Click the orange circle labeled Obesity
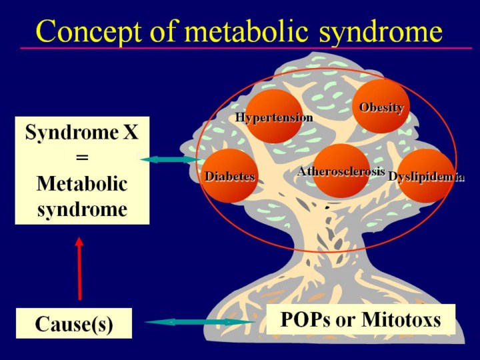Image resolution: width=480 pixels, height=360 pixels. pyautogui.click(x=381, y=105)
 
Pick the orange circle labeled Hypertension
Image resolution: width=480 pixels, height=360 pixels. pyautogui.click(x=274, y=117)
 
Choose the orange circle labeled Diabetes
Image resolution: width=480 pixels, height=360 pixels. pyautogui.click(x=230, y=176)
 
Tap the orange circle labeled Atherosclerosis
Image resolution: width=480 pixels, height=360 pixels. pyautogui.click(x=341, y=171)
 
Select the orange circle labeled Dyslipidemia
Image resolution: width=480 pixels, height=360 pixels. pyautogui.click(x=425, y=176)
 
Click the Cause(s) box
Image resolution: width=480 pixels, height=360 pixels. pyautogui.click(x=74, y=323)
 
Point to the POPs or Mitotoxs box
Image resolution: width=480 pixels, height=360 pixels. pyautogui.click(x=361, y=319)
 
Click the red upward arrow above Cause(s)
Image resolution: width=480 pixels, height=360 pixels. pyautogui.click(x=79, y=269)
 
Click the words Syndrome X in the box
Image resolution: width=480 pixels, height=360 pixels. pyautogui.click(x=82, y=133)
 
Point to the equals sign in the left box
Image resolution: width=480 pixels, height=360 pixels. pyautogui.click(x=82, y=159)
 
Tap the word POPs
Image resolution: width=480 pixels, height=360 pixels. pyautogui.click(x=305, y=319)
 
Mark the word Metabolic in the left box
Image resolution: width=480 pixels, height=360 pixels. pyautogui.click(x=82, y=183)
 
